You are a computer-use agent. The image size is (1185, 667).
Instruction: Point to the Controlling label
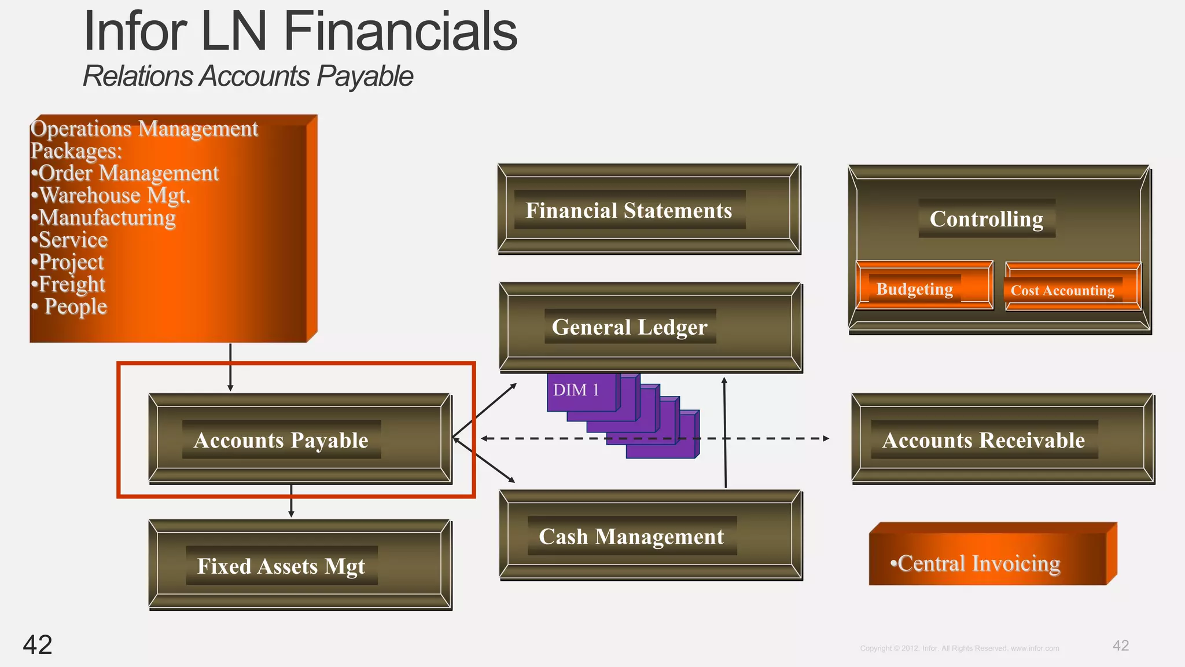click(x=987, y=219)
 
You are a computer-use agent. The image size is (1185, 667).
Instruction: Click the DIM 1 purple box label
click(x=576, y=390)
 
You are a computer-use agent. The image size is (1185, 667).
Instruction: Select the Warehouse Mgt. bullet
click(x=111, y=195)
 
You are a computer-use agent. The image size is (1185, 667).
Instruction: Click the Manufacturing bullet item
click(x=104, y=218)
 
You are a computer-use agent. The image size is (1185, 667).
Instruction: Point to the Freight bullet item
click(x=69, y=284)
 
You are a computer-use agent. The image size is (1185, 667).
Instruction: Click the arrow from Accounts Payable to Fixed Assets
click(x=291, y=501)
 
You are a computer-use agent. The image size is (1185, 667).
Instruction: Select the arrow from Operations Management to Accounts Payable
click(x=230, y=367)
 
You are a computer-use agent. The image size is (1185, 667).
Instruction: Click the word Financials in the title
click(x=400, y=32)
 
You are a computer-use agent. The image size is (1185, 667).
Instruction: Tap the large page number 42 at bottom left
click(x=38, y=644)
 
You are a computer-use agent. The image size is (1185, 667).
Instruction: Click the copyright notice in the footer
click(x=959, y=648)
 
